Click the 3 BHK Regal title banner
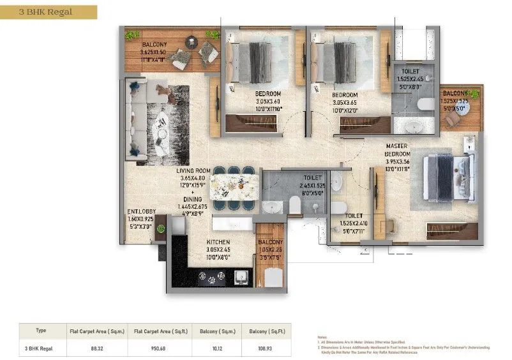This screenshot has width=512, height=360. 49,11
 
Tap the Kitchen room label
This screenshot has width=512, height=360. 218,243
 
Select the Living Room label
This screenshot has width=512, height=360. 193,171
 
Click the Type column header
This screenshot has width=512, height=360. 41,331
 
